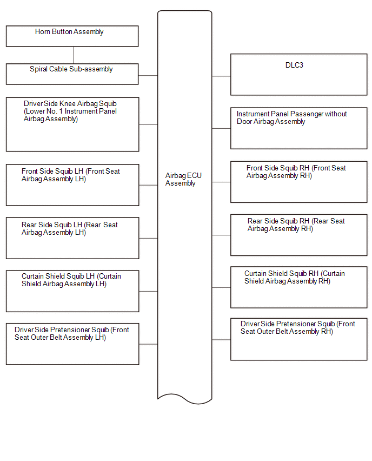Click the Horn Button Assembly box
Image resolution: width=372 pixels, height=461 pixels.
pos(72,36)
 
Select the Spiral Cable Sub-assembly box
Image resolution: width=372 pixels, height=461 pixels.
pos(72,74)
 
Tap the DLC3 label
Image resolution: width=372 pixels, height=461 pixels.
pos(294,65)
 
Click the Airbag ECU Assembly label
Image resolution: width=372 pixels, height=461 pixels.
pos(183,179)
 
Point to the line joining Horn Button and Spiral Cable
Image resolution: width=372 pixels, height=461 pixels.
pos(74,55)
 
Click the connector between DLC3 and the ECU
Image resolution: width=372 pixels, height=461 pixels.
pos(221,76)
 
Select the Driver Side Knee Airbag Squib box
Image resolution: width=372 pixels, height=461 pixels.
pos(72,124)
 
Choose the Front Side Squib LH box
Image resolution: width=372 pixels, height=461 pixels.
pos(72,185)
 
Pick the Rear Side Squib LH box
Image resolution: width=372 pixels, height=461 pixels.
pos(72,238)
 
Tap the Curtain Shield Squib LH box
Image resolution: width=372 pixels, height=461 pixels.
pos(72,291)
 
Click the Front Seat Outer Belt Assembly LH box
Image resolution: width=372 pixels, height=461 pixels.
pos(72,344)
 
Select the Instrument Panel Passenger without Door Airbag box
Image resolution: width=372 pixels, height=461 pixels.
pos(299,128)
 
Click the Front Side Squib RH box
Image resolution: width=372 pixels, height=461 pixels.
pos(299,182)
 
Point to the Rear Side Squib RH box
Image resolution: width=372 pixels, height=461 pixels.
pos(299,235)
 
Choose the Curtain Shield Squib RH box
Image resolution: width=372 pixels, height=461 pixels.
pos(299,287)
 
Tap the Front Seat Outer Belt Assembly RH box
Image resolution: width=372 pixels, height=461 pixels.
pos(299,339)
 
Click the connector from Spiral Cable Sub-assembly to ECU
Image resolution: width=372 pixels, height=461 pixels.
pos(148,76)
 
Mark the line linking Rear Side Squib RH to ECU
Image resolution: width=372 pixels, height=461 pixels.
pos(221,235)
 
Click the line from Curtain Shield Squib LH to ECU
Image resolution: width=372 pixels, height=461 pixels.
pos(148,291)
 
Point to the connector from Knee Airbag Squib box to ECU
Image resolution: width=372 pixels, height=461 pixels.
pos(148,124)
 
